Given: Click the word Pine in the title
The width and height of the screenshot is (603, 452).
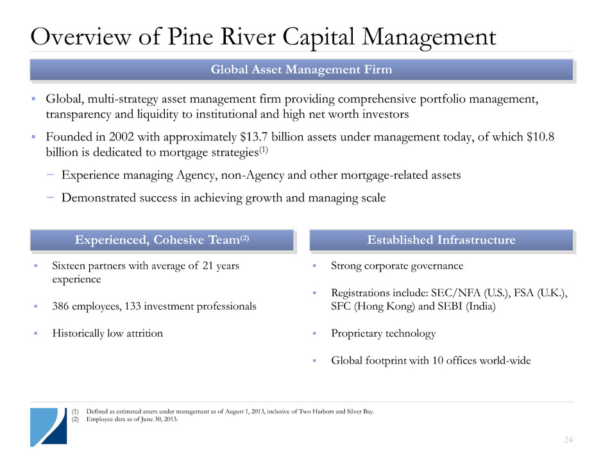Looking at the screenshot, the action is point(191,37).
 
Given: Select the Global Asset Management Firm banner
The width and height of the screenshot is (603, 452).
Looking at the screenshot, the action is point(302,70).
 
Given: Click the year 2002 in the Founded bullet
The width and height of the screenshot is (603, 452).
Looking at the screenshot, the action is point(121,137).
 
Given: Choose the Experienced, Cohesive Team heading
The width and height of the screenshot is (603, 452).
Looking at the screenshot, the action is point(162,240).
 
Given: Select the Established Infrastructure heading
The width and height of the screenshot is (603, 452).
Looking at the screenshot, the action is point(441,240).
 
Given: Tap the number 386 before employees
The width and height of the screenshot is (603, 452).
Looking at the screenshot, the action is point(60,306).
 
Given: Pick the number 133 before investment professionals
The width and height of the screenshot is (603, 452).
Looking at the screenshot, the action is point(133,306).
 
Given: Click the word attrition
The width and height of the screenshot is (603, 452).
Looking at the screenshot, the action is point(144,333).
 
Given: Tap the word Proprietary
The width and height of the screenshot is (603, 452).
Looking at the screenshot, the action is point(356,333).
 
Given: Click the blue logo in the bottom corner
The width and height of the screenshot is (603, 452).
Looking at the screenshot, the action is point(49,427).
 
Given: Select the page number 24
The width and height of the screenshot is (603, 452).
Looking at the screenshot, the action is point(568,439).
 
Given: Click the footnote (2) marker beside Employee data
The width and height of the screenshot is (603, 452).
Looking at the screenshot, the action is point(75,419).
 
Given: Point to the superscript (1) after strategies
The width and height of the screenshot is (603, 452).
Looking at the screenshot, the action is point(264,149).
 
